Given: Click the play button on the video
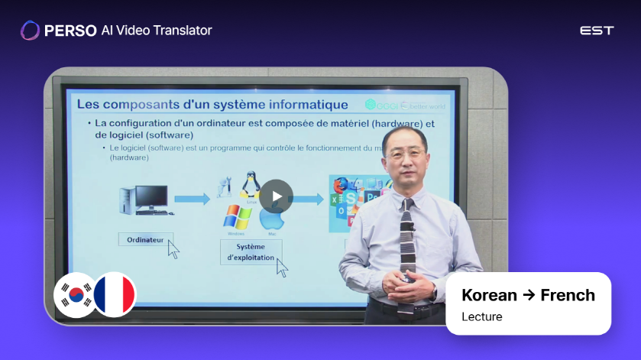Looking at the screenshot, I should click(276, 196).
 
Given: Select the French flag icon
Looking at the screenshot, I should click(115, 294).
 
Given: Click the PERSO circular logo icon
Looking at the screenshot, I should click(30, 31).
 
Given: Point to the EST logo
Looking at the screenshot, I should click(597, 31).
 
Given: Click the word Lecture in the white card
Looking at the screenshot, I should click(482, 316).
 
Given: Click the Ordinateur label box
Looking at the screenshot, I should click(145, 240).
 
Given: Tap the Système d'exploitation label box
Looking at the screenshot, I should click(251, 252).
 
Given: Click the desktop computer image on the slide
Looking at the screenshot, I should click(144, 199).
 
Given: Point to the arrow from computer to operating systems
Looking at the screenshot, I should click(192, 199).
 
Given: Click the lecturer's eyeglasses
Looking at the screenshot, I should click(406, 155).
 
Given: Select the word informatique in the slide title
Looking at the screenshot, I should click(306, 104).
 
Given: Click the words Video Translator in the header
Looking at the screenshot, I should click(163, 31).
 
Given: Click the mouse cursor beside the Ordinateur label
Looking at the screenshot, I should click(173, 249).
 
